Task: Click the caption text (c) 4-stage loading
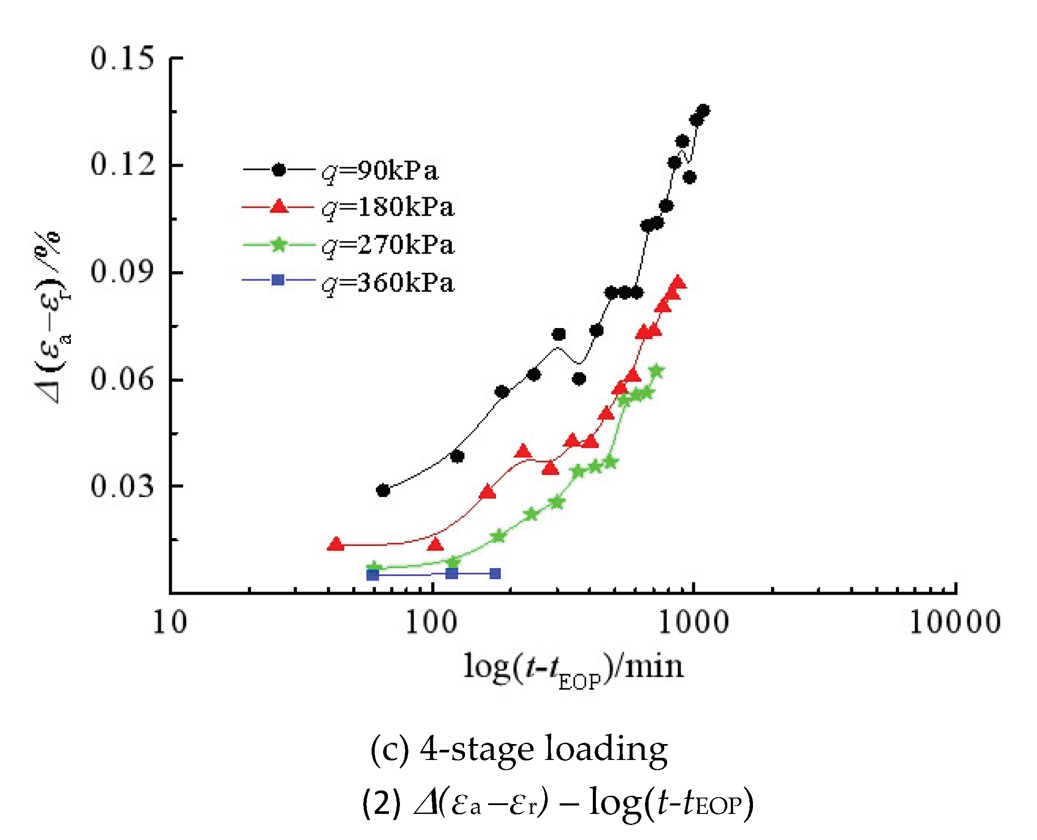pos(518,749)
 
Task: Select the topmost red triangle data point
pos(679,283)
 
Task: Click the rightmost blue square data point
pos(495,574)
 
